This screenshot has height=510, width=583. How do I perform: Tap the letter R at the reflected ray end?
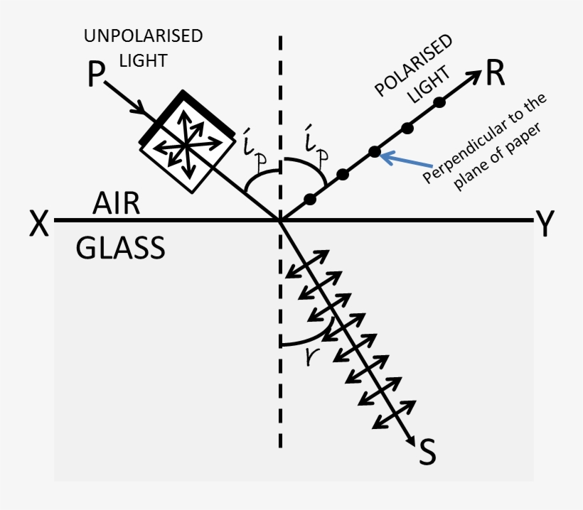pyautogui.click(x=496, y=74)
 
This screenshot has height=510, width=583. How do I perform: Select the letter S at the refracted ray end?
pyautogui.click(x=427, y=454)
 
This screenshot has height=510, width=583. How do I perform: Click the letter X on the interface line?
pyautogui.click(x=38, y=224)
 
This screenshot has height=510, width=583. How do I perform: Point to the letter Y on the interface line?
pyautogui.click(x=545, y=224)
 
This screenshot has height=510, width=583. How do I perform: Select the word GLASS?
pyautogui.click(x=120, y=249)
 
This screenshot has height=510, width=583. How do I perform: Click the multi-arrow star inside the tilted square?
pyautogui.click(x=186, y=143)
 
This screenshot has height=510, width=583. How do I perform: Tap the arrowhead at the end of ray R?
pyautogui.click(x=475, y=76)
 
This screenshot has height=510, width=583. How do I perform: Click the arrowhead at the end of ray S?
pyautogui.click(x=411, y=441)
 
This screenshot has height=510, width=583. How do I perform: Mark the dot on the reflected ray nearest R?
pyautogui.click(x=439, y=102)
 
